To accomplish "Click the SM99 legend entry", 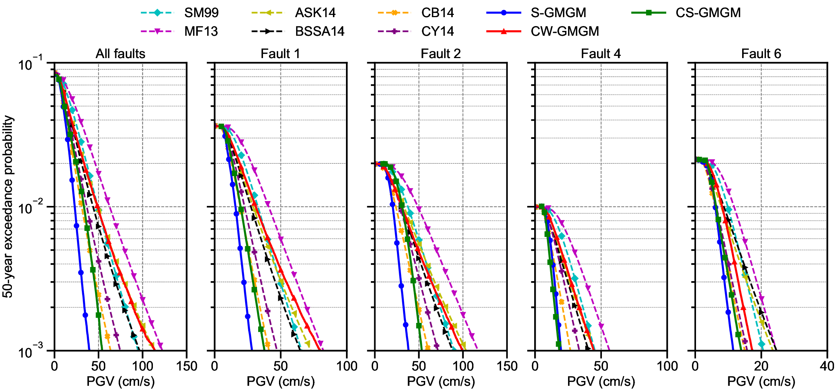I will (x=201, y=13).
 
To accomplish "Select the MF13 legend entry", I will (x=201, y=31).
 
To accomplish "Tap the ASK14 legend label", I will (x=315, y=13).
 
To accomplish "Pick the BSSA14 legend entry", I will (x=320, y=31).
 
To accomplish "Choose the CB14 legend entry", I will (x=437, y=13).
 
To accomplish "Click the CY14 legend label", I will (x=437, y=31).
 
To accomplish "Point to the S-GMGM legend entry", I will (x=558, y=13).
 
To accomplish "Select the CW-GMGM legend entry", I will (x=565, y=31).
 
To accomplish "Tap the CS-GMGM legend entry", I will (x=708, y=13).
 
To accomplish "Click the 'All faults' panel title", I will (x=120, y=54).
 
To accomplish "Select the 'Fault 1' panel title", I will (x=280, y=54).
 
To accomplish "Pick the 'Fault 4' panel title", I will (x=601, y=54).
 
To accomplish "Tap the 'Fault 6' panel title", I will (x=761, y=54).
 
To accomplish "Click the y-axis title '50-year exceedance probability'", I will (x=8, y=207).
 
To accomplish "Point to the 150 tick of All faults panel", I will (x=186, y=366).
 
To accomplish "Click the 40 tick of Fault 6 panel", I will (x=827, y=366).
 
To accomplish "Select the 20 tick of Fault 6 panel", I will (x=761, y=366).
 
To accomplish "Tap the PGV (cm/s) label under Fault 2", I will (x=441, y=381).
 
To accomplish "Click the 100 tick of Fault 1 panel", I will (x=346, y=366).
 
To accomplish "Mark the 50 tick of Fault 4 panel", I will (x=601, y=366).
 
